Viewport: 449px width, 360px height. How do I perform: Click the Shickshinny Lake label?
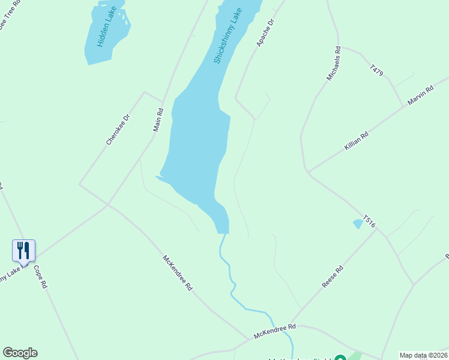coord(228,36)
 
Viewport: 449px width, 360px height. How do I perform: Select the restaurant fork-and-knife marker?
coord(23,250)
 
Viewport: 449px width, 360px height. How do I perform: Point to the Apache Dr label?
coord(265,32)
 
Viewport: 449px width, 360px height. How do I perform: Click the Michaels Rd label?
coord(334,64)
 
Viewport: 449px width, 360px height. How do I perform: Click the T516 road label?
coord(369,221)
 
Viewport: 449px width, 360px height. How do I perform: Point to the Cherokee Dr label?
coord(118,130)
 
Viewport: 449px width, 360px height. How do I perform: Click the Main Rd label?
coord(158,119)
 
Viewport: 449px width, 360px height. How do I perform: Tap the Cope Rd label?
coord(40,277)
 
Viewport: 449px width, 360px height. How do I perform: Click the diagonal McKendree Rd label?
coord(177,273)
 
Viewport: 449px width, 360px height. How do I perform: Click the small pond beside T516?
coord(358,224)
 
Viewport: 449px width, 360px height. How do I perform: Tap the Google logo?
coord(20,353)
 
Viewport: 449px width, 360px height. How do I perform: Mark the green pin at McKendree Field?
coord(340,358)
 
